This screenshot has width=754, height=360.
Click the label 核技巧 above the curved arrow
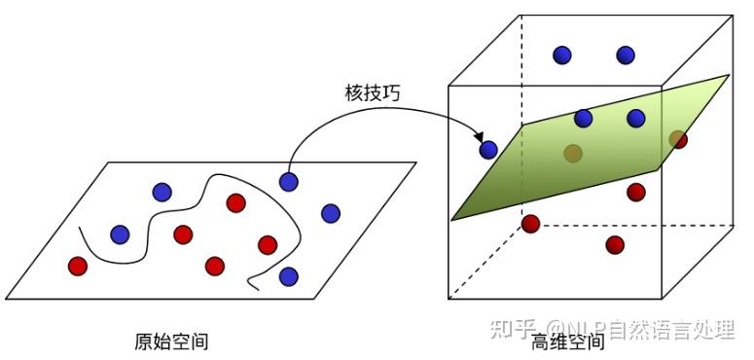tap(373, 93)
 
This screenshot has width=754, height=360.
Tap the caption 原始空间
tap(171, 341)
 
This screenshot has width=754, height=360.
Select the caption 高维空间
tap(568, 342)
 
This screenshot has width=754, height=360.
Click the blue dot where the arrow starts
tap(289, 181)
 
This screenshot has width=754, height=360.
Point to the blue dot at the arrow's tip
tap(488, 150)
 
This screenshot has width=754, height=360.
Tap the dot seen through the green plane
tap(573, 153)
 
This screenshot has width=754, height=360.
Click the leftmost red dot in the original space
tap(78, 266)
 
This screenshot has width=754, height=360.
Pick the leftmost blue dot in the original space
tap(120, 234)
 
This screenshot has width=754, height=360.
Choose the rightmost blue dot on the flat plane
tap(331, 213)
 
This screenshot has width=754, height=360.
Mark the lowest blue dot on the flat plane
tap(289, 276)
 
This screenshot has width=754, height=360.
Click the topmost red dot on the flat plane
tap(235, 202)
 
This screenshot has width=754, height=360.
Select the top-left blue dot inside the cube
tap(562, 55)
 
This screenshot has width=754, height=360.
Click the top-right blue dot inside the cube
tap(626, 55)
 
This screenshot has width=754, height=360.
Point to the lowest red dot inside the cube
tap(615, 244)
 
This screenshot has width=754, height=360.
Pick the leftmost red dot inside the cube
tap(530, 224)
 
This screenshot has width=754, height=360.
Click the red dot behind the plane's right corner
tap(678, 139)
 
